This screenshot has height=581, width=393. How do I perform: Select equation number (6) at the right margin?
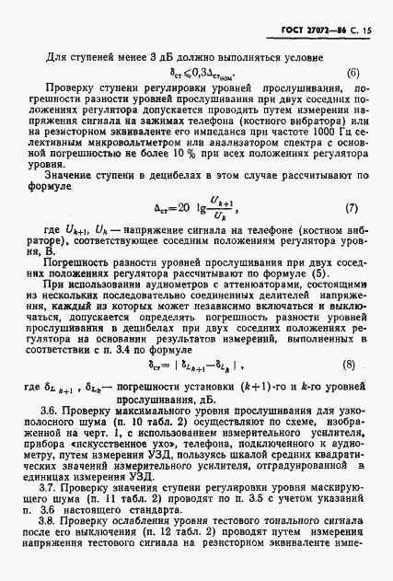pyautogui.click(x=353, y=73)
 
